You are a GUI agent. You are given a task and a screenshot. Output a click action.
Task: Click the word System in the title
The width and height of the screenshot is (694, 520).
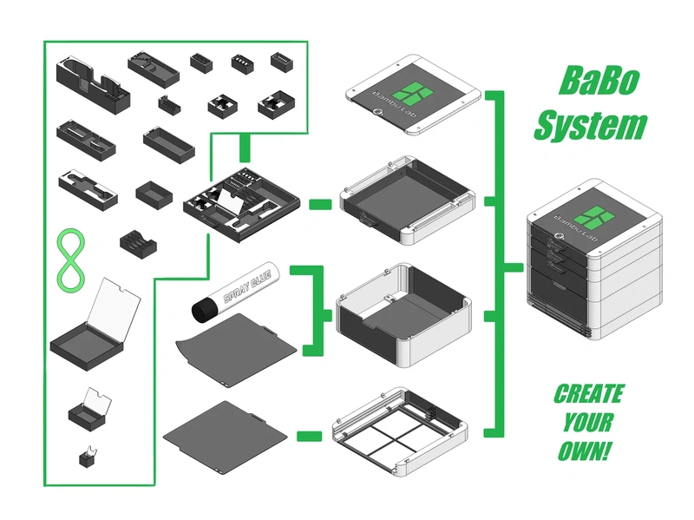pyautogui.click(x=590, y=127)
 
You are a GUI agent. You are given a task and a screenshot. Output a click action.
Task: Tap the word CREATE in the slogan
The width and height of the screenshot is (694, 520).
pyautogui.click(x=589, y=394)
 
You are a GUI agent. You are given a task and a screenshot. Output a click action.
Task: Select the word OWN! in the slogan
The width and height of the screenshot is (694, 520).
pyautogui.click(x=586, y=451)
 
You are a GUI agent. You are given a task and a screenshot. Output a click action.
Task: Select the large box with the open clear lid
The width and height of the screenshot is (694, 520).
pyautogui.click(x=95, y=326)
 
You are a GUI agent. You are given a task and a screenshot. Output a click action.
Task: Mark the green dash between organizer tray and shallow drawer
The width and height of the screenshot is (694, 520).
pyautogui.click(x=320, y=205)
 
